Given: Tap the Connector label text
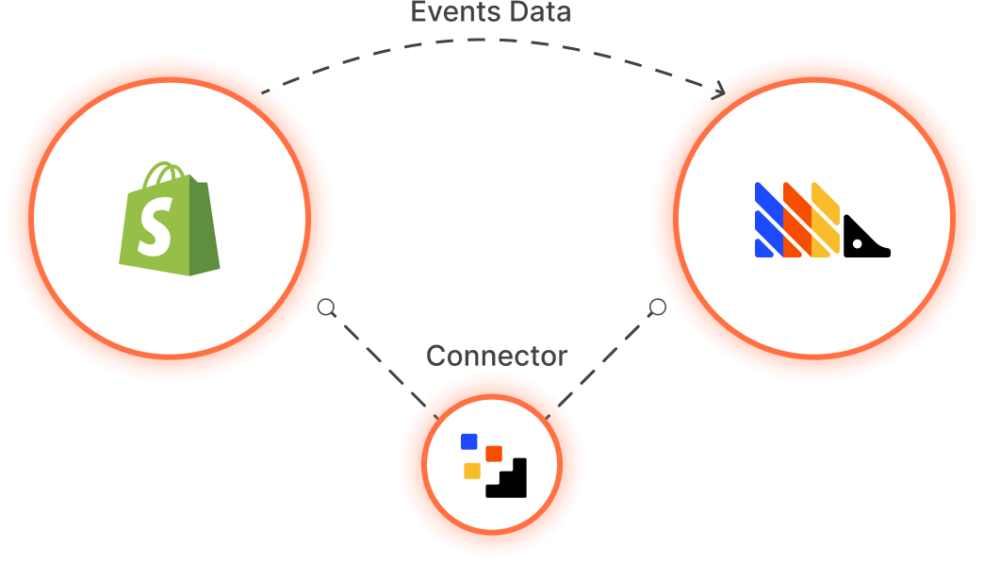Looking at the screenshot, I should point(497,356).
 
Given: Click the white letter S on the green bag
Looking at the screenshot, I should point(152,229).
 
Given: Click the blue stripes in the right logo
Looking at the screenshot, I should point(768,220).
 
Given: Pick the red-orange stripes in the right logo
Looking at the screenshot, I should point(797,220).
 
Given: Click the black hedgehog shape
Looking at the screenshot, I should point(864,241).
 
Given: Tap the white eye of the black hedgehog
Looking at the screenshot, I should point(857,244).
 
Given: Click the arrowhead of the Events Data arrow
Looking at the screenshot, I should point(721,91).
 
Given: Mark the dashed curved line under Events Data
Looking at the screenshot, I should point(471,41).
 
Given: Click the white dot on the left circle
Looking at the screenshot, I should point(326,307).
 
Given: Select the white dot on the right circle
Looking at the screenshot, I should point(658,307).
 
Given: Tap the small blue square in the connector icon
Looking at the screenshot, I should point(469,440).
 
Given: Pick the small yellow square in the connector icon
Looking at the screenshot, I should point(472,471).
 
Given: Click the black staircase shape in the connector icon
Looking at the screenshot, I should point(510,480).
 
